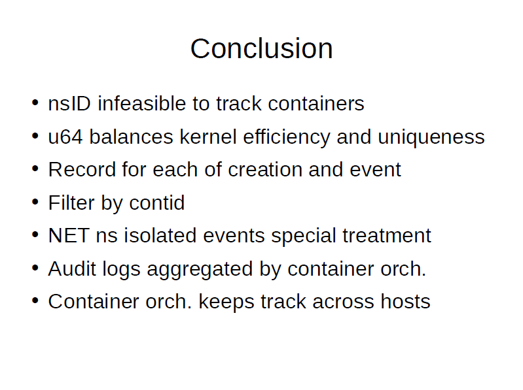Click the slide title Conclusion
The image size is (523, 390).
coord(262,48)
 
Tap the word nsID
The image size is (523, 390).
coord(69,103)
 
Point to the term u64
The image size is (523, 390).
coord(65,137)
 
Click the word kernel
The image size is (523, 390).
coord(208,137)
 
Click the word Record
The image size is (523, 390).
coord(81,169)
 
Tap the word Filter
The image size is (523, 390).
coord(71,203)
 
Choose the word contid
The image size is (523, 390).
coord(156,203)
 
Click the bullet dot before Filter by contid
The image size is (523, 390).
coord(35,202)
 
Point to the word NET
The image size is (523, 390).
coord(69,236)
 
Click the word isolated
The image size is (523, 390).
coord(160,235)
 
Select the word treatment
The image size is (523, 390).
coord(387,236)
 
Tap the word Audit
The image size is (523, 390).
coord(72,268)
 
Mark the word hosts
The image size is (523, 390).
coord(406,302)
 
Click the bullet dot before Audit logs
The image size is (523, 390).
coord(35,268)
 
